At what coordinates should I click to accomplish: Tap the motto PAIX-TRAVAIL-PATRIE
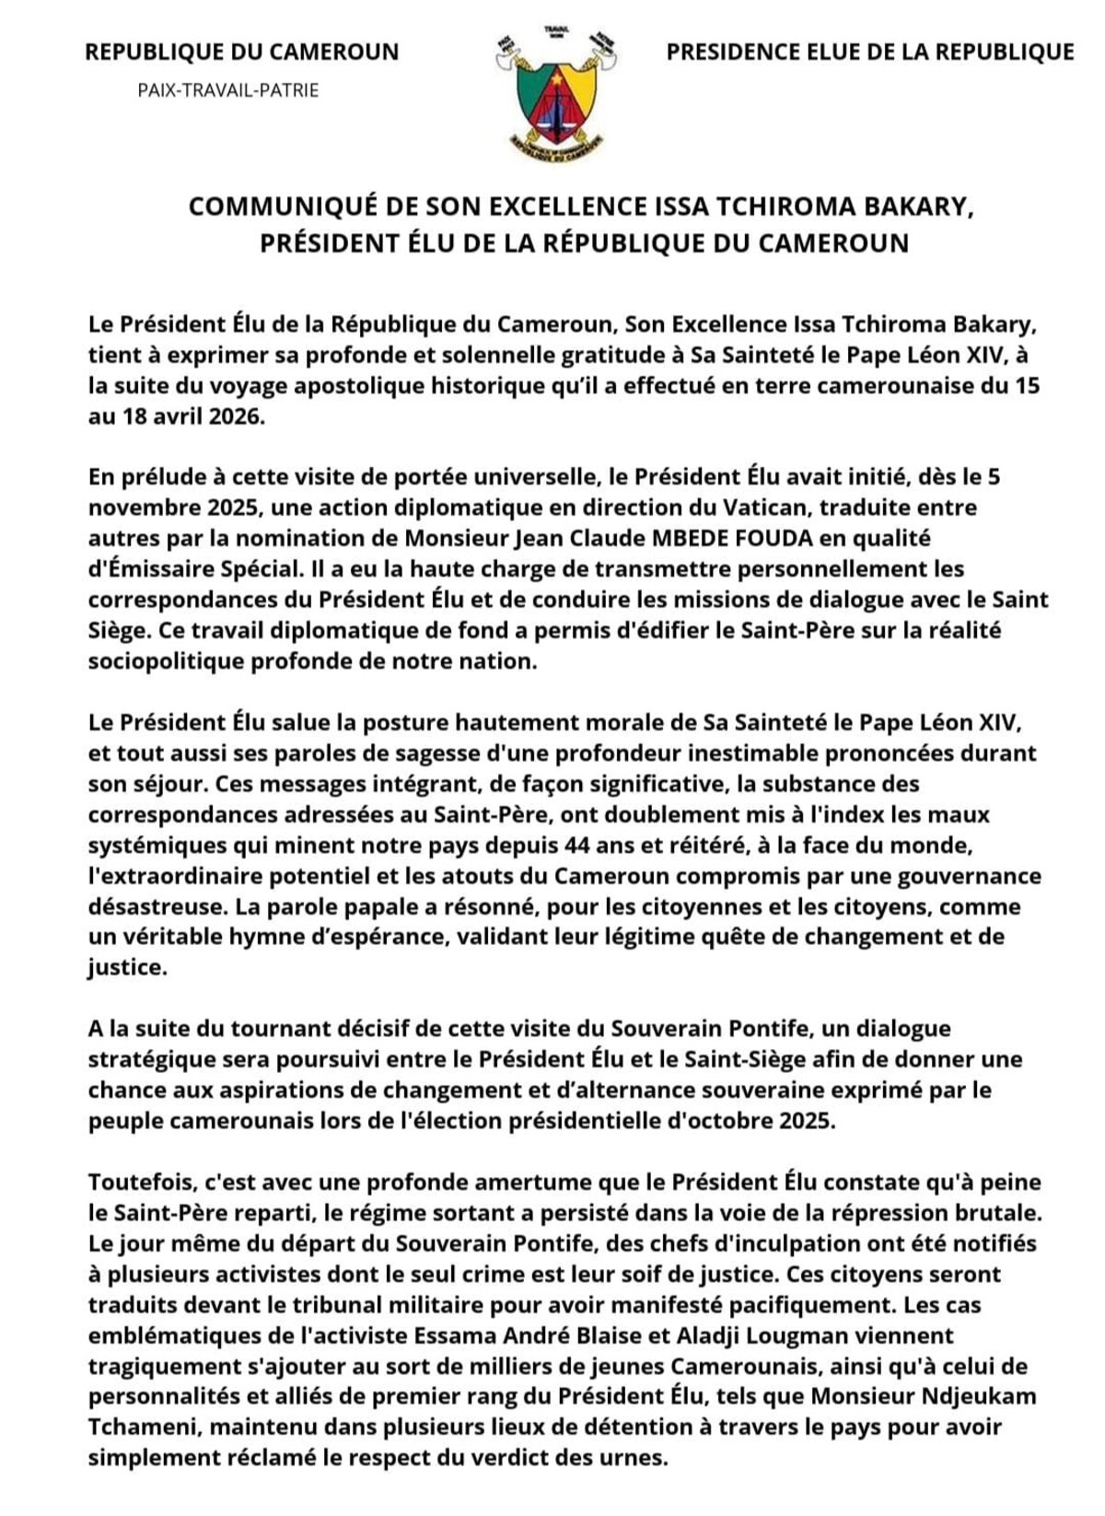(228, 90)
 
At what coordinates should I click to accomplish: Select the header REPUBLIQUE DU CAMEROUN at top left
(242, 52)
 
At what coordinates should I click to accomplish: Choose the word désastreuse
(157, 906)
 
